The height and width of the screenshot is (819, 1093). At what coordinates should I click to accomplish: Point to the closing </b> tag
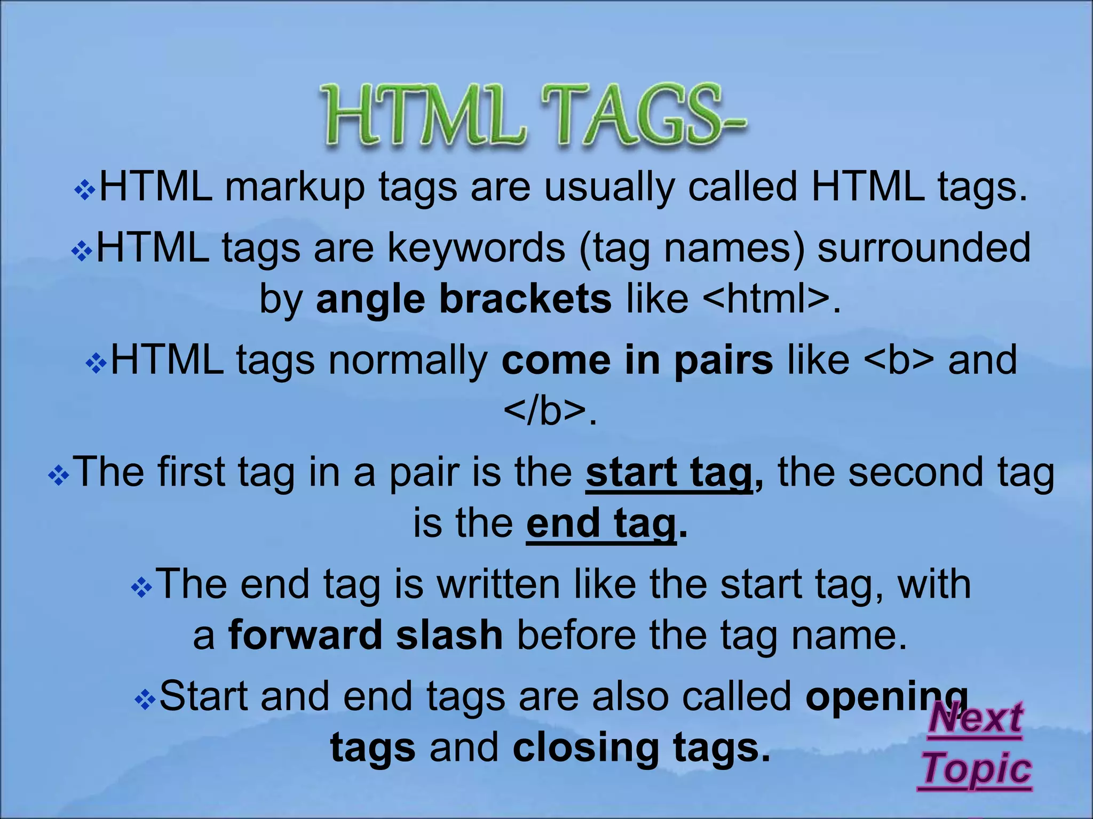[x=544, y=411]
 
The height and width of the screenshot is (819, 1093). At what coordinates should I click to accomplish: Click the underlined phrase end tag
[x=601, y=524]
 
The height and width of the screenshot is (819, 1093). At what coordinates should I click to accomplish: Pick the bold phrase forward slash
[x=366, y=636]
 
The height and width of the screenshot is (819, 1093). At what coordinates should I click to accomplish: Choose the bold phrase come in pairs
[x=637, y=360]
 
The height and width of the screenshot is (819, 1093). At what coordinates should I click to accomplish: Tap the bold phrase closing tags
[x=641, y=748]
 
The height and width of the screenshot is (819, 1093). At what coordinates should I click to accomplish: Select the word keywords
[x=476, y=248]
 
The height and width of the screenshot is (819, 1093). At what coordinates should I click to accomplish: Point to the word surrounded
[x=924, y=248]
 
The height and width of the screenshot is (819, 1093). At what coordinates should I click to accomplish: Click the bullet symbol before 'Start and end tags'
[x=145, y=700]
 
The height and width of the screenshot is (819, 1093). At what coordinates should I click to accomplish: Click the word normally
[x=408, y=361]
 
